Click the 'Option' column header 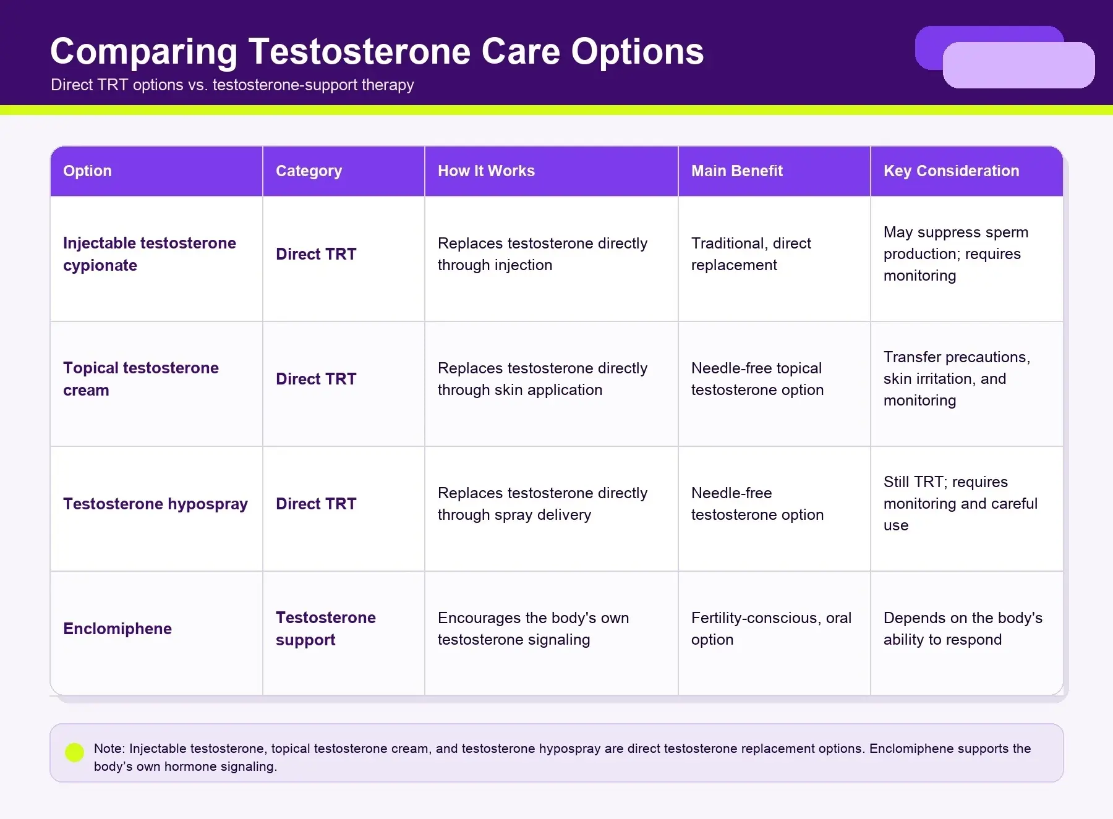click(x=87, y=171)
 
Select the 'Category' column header click(x=309, y=171)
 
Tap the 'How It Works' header click(x=486, y=171)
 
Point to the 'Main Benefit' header click(x=736, y=171)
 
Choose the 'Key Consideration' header click(x=951, y=171)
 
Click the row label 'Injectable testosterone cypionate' click(x=150, y=254)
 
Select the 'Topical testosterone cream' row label click(x=141, y=379)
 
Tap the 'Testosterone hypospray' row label click(x=155, y=504)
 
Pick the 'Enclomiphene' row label click(x=117, y=629)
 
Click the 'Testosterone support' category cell click(x=326, y=629)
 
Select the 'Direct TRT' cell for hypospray click(x=316, y=504)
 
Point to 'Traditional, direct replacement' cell click(x=751, y=254)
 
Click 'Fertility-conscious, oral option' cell click(x=771, y=629)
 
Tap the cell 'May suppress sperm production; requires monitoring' click(x=956, y=254)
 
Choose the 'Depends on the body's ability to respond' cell click(x=963, y=629)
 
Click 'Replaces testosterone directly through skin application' click(x=542, y=379)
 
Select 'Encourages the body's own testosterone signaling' click(x=533, y=629)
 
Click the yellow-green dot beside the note click(x=74, y=752)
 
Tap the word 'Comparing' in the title click(x=143, y=52)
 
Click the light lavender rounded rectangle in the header click(x=1018, y=65)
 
